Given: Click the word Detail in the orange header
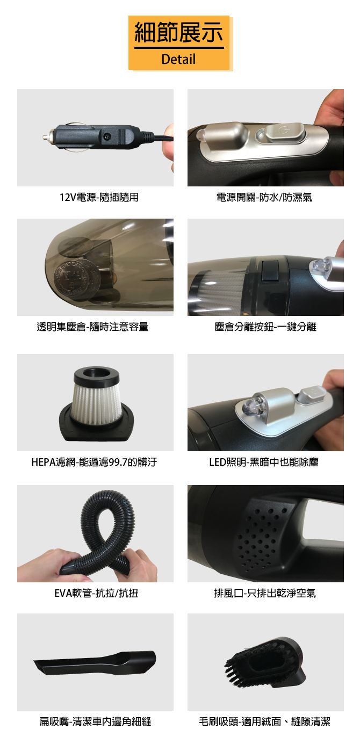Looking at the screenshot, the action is [178, 59].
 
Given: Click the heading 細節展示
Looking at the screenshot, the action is [179, 33].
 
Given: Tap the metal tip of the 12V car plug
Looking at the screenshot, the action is [47, 136].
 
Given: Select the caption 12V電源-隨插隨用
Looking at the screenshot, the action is [99, 197].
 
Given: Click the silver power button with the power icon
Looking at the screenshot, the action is [285, 133].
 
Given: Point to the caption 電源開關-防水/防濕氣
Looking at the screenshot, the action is [264, 197].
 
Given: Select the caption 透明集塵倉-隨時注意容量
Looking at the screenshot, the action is [92, 327].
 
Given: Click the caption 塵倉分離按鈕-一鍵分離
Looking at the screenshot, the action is [265, 327].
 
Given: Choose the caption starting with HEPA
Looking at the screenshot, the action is [95, 462].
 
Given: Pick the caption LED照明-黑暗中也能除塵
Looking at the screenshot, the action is [264, 462].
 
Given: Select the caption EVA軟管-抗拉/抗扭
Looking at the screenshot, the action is [96, 593].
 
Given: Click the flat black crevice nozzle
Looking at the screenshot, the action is [95, 664].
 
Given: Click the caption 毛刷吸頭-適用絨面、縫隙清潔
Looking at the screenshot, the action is [265, 721].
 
